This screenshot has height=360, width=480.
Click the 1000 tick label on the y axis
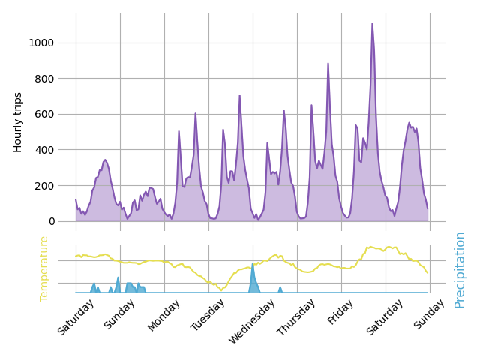[41, 43]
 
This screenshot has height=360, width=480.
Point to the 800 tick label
[44, 79]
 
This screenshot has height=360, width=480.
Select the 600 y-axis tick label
[44, 114]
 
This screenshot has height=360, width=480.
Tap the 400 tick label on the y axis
[44, 150]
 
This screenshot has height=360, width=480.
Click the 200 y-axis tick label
[44, 185]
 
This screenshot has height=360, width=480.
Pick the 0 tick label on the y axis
[51, 221]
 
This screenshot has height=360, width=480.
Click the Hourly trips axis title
[18, 122]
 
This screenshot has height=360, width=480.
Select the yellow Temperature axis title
[44, 268]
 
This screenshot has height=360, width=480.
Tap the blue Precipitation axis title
[460, 269]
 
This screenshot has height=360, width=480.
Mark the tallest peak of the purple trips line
[372, 23]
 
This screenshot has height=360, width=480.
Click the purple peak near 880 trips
[328, 64]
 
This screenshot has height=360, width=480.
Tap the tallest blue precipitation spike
[253, 264]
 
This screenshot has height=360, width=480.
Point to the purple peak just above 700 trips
[240, 95]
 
